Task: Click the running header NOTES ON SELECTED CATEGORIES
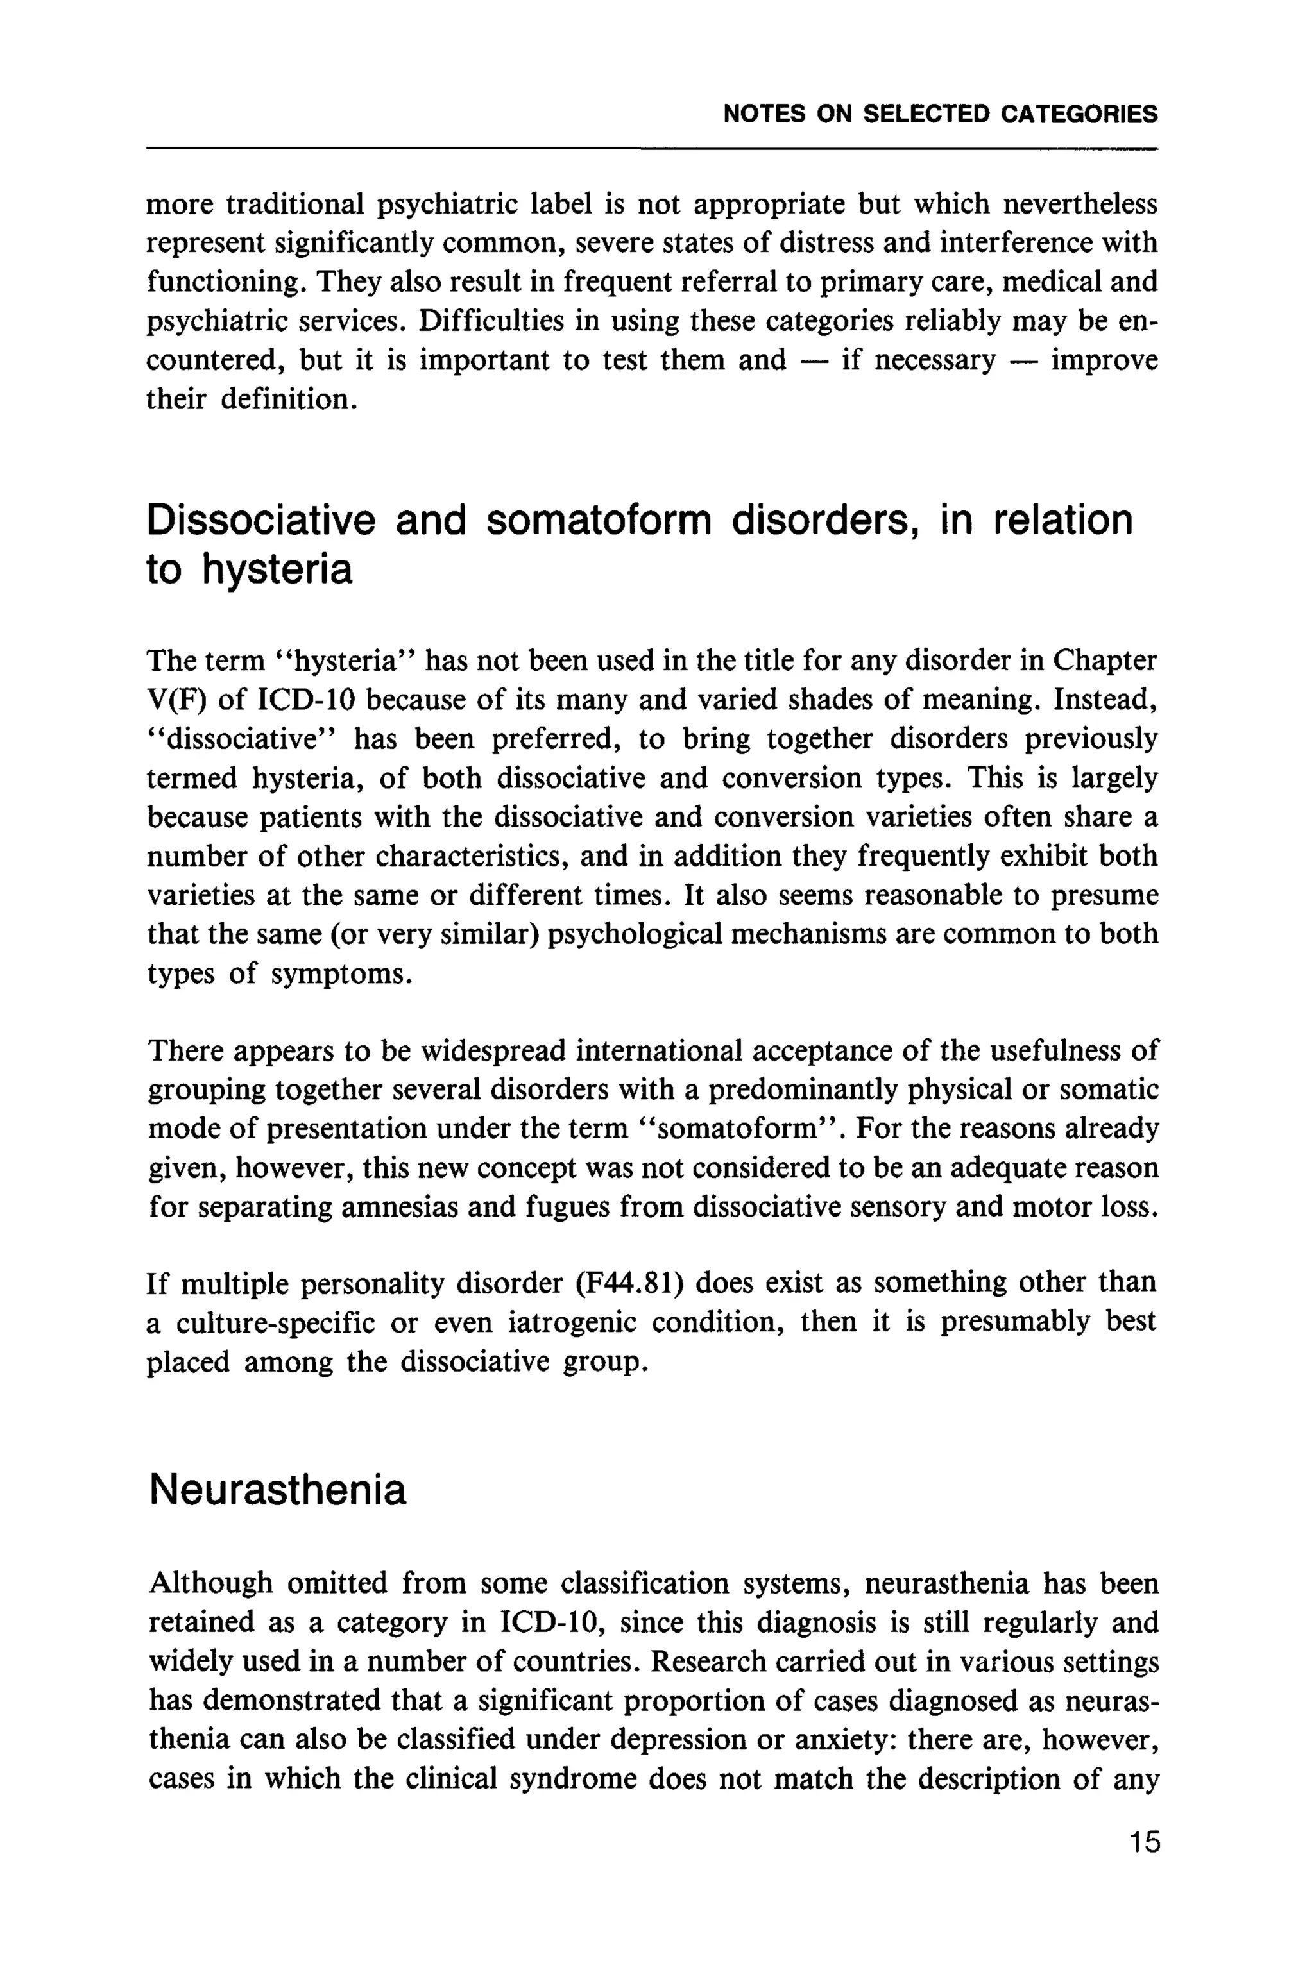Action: click(x=939, y=114)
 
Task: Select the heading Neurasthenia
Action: click(x=277, y=1489)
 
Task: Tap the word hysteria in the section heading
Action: click(x=277, y=569)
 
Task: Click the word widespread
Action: click(x=490, y=1050)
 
